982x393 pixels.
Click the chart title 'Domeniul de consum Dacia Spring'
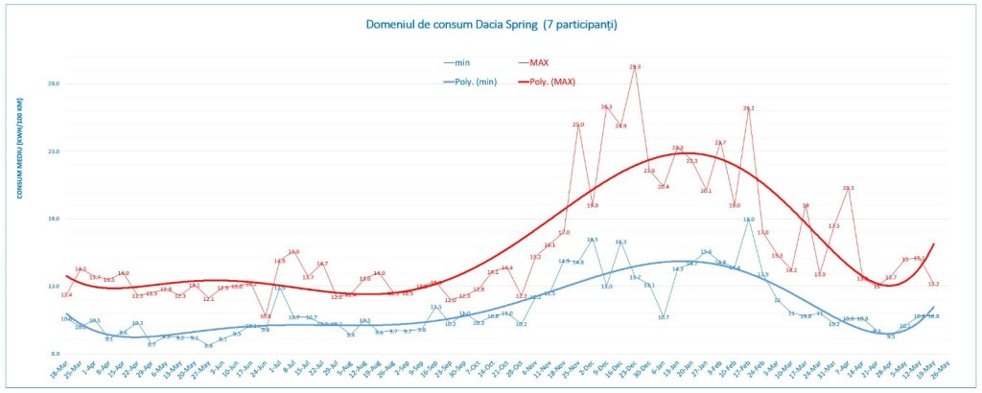pyautogui.click(x=490, y=23)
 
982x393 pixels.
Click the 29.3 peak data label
pyautogui.click(x=635, y=67)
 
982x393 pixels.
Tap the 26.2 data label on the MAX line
pyautogui.click(x=749, y=108)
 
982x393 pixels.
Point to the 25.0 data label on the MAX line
pyautogui.click(x=578, y=125)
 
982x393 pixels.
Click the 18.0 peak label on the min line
pyautogui.click(x=749, y=220)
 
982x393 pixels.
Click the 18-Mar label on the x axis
pyautogui.click(x=58, y=370)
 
